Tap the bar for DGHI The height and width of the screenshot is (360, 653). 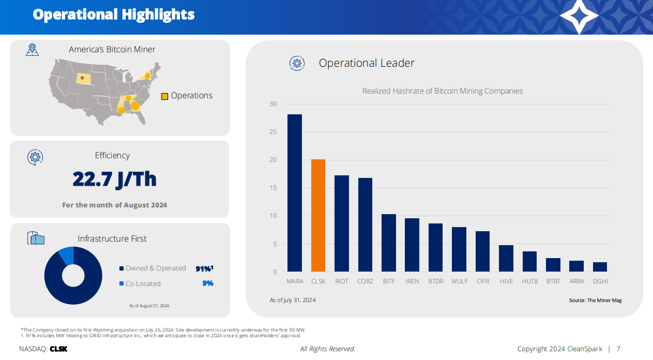[600, 267]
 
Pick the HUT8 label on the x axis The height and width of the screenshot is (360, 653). [529, 281]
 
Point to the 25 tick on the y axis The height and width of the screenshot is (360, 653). [274, 132]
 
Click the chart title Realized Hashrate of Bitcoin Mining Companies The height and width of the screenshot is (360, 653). [442, 91]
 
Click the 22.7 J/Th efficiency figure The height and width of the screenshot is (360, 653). [114, 179]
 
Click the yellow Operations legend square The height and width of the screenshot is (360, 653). [164, 96]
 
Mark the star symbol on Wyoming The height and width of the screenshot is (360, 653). [82, 78]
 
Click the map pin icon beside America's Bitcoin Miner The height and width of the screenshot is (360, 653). [33, 50]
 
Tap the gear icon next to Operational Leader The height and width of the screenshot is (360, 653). [297, 63]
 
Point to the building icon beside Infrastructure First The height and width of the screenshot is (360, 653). [36, 238]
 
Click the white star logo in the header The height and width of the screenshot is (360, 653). [579, 17]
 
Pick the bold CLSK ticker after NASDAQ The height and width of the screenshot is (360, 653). [58, 349]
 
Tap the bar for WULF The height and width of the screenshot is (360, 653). [459, 249]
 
